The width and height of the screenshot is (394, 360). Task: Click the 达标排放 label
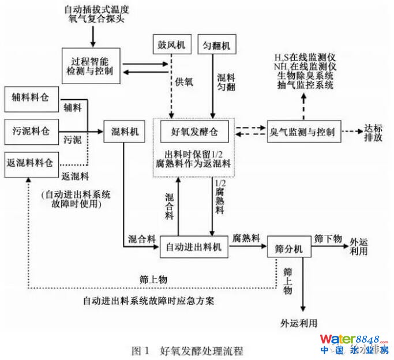pos(373,134)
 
